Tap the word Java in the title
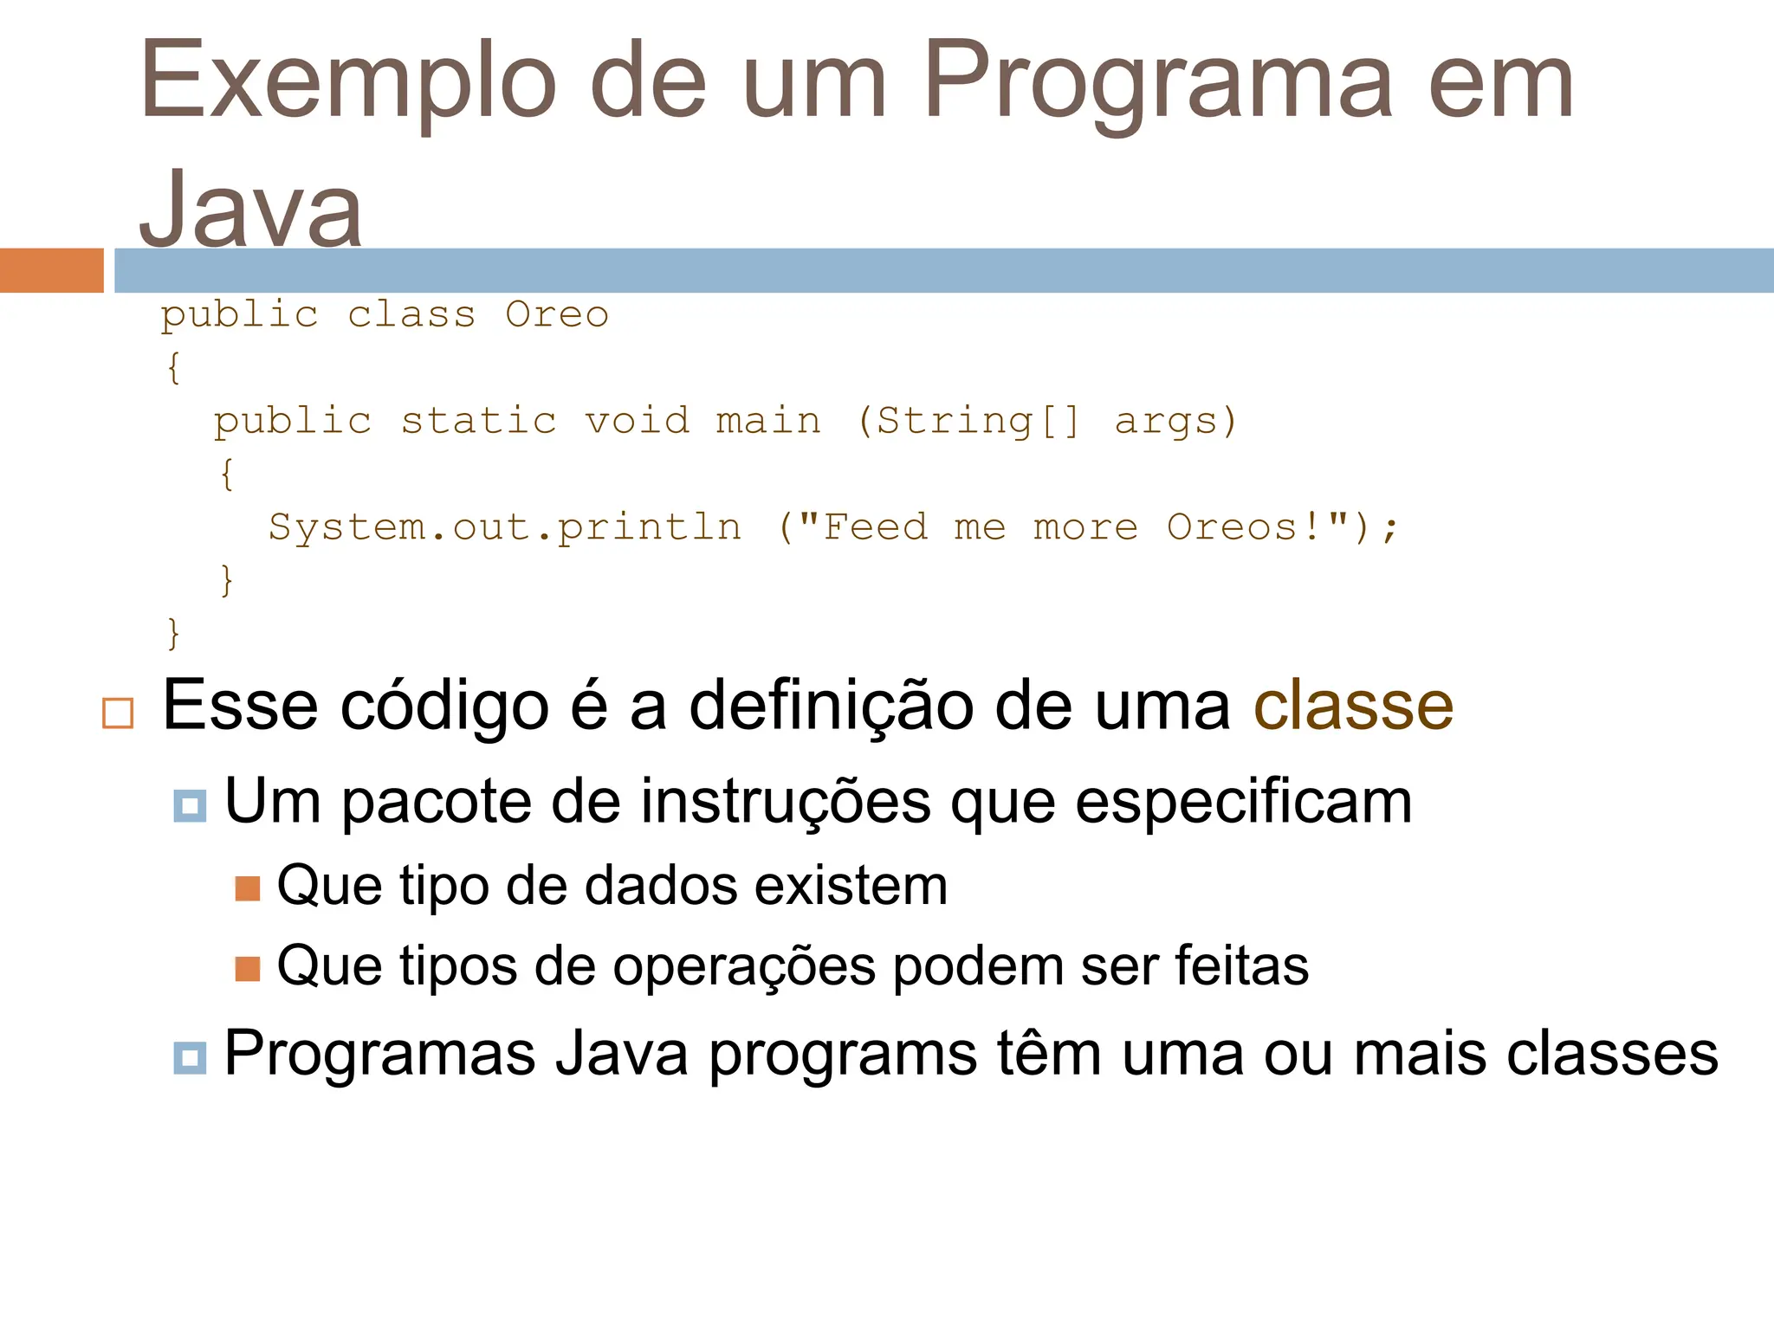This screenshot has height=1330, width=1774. click(x=251, y=210)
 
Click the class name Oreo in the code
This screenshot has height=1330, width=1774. click(x=557, y=314)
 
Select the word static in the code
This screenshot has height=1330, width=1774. click(x=478, y=421)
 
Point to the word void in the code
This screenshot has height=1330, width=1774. click(x=637, y=421)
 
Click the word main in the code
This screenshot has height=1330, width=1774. click(x=768, y=421)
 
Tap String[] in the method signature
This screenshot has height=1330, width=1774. click(x=979, y=421)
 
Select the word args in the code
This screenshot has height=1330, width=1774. click(x=1166, y=423)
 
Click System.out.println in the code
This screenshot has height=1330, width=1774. click(x=505, y=527)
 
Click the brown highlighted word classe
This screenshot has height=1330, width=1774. click(x=1353, y=706)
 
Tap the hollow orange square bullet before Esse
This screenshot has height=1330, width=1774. click(x=118, y=713)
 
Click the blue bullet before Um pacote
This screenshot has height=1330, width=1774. click(x=190, y=805)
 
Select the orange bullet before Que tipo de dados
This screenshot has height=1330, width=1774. click(x=248, y=888)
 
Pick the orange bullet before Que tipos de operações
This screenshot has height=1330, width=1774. click(x=248, y=968)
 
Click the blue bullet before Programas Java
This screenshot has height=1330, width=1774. click(x=190, y=1057)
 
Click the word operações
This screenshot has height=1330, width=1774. click(x=744, y=966)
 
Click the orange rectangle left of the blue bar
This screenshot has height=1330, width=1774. click(x=51, y=270)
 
